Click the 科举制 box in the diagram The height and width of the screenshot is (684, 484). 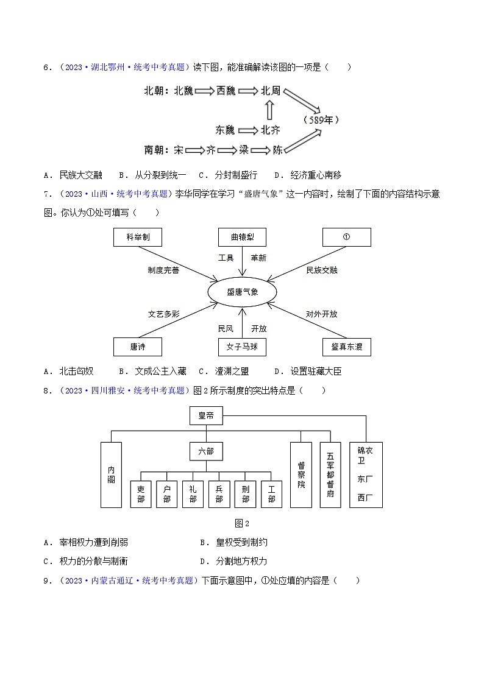tap(138, 237)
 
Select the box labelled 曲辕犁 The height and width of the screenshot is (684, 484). tap(243, 237)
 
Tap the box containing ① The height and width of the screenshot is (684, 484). tap(346, 237)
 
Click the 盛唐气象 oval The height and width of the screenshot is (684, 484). tap(243, 292)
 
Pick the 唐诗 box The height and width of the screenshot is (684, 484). tap(138, 347)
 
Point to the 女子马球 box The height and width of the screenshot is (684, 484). tap(243, 347)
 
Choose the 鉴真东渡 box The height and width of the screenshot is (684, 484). tap(346, 347)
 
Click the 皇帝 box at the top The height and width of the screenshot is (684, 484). tap(206, 416)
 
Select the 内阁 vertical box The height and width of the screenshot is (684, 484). tap(111, 474)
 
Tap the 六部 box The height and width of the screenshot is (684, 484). tap(206, 451)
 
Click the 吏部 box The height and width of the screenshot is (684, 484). tap(141, 493)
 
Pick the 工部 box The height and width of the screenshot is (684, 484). tap(271, 493)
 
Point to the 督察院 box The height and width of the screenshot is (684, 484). tap(301, 474)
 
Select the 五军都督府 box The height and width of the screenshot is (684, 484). tap(330, 474)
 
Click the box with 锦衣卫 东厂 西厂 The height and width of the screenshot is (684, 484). tap(366, 474)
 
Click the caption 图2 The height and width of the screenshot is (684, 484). tap(242, 523)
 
